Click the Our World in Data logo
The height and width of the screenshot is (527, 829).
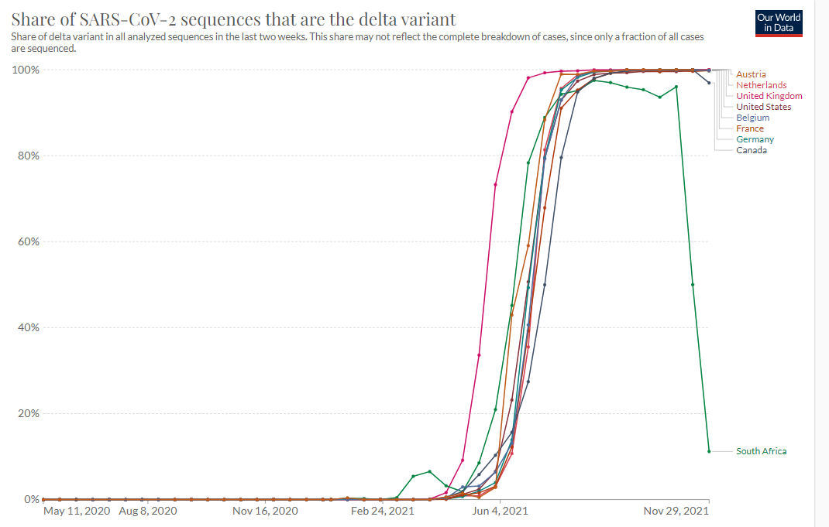(x=779, y=22)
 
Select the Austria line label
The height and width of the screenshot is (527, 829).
(x=751, y=74)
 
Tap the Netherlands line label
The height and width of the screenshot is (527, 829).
(x=761, y=85)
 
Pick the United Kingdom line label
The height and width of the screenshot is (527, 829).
(x=769, y=96)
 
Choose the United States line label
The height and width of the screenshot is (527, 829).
(x=763, y=107)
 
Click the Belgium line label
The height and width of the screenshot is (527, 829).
(x=752, y=118)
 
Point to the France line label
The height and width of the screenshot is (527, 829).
(x=749, y=128)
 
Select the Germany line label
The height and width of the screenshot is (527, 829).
(x=755, y=139)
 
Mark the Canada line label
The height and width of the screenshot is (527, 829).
(x=752, y=150)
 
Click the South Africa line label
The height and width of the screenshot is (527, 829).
(x=761, y=451)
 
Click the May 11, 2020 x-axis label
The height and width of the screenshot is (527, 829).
(x=75, y=511)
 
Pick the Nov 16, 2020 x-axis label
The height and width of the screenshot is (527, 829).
(x=266, y=511)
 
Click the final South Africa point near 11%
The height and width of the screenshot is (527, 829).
(x=709, y=451)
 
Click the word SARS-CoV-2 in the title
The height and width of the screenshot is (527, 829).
(x=119, y=19)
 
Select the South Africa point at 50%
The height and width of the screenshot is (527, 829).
(x=693, y=284)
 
